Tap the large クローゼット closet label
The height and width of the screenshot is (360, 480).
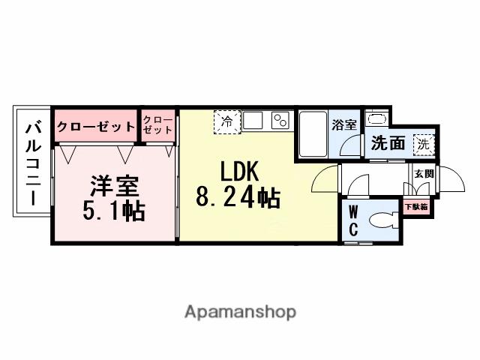pos(95,127)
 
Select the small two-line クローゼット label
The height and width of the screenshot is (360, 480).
pos(157,124)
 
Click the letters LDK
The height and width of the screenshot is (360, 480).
pos(239,172)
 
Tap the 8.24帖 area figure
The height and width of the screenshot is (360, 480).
pos(238,198)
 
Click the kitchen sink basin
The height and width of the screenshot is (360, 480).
pos(253,120)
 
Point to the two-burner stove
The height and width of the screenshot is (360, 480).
pos(280,120)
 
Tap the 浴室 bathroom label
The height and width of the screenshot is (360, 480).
pos(345,124)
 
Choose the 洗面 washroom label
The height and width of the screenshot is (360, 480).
pos(387,143)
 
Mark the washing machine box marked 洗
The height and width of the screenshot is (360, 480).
pos(424,142)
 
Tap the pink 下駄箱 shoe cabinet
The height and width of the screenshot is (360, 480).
pos(416,205)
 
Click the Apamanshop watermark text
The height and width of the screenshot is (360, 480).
pos(240,312)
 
